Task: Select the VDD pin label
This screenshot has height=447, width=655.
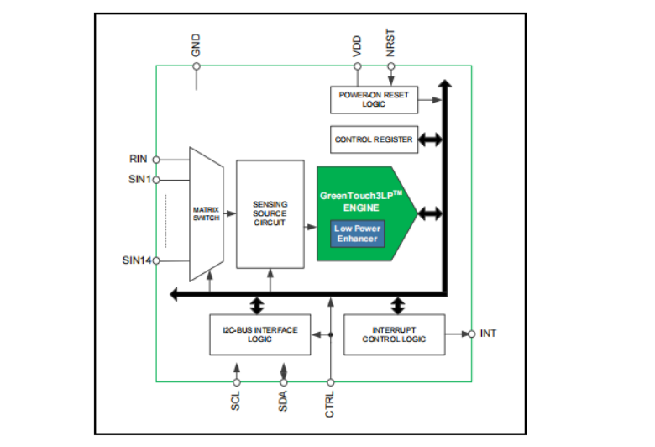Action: (357, 46)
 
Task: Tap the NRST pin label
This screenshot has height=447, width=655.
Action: (390, 44)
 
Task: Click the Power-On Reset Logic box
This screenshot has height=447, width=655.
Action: (374, 99)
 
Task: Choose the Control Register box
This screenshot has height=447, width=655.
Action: (374, 139)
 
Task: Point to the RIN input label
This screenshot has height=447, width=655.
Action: (139, 159)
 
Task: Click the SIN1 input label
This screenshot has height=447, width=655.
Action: (139, 179)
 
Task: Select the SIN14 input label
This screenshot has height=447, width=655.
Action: (136, 260)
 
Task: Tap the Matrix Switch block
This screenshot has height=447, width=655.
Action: (206, 213)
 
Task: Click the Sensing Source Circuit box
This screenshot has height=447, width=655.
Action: (270, 213)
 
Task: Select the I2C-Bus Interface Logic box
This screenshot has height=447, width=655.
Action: (259, 334)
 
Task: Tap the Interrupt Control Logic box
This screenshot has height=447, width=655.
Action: (394, 334)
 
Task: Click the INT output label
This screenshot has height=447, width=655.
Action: (489, 334)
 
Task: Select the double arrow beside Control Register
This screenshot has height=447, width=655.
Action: (430, 139)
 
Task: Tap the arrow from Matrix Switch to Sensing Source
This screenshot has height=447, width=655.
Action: (229, 213)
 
